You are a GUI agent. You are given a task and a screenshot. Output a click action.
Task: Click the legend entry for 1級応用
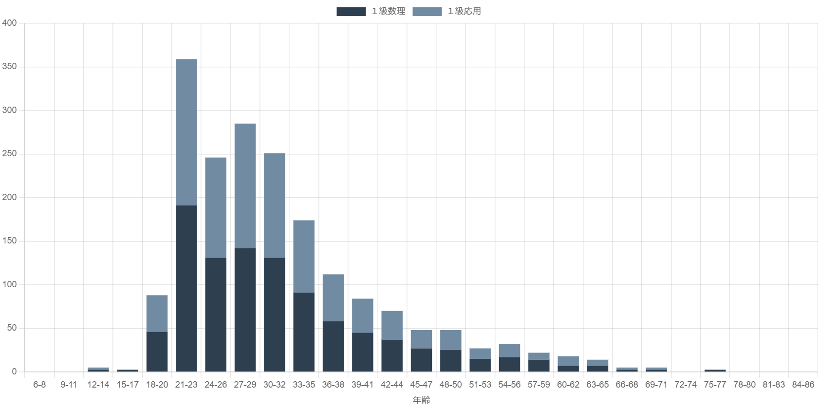446,12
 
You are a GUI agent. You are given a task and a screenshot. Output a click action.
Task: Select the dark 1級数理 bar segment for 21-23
186,288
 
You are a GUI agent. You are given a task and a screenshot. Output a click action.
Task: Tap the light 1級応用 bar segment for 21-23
186,132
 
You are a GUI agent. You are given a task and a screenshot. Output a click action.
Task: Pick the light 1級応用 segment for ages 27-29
245,186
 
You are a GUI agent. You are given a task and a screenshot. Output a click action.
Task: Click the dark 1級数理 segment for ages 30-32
275,315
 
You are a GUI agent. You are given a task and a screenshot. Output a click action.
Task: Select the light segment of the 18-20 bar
157,313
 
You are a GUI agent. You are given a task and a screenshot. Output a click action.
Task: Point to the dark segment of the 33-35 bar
304,332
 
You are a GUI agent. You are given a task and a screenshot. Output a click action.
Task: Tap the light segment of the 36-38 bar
333,297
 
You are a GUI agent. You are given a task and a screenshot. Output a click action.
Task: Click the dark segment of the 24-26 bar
216,315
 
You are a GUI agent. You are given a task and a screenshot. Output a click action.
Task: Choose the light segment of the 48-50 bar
450,340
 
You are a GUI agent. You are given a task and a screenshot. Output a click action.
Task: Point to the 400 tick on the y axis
9,23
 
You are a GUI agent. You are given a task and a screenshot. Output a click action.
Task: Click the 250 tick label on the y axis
9,154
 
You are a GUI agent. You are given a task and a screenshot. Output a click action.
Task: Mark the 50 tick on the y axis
11,328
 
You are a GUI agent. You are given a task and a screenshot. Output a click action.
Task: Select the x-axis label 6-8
39,385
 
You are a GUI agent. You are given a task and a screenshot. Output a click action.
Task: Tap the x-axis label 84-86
803,385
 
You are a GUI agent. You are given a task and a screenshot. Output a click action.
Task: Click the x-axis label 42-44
392,385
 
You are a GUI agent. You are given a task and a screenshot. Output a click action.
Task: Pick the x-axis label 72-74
686,385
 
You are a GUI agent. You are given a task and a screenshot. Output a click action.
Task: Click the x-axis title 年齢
421,400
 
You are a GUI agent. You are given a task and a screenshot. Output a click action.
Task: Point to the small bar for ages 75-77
715,371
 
